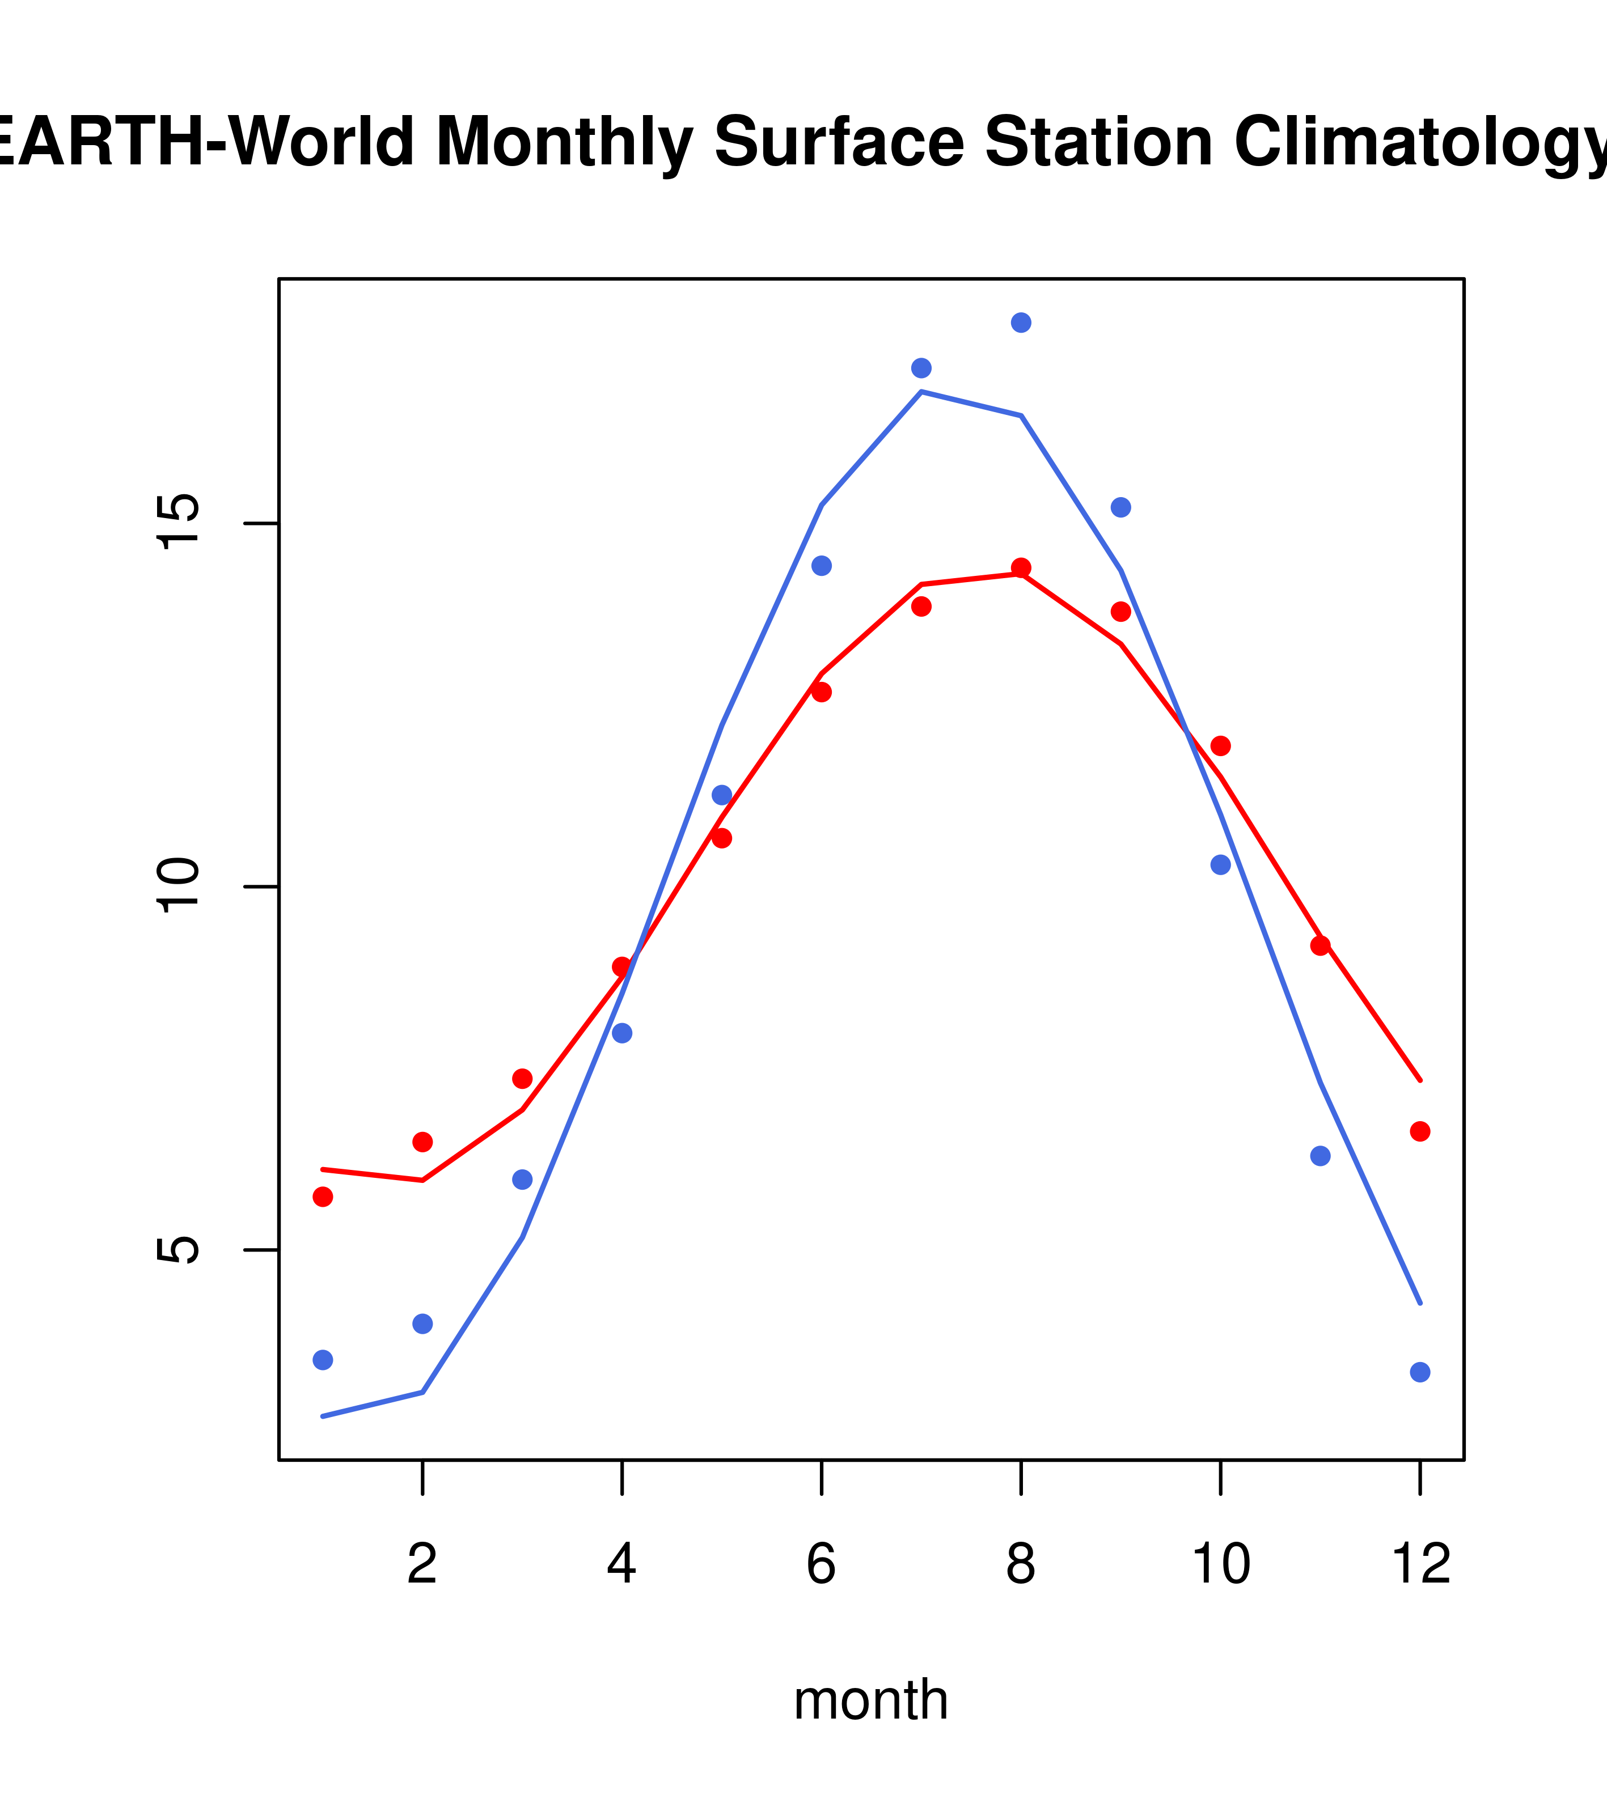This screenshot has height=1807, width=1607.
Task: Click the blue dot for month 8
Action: (1021, 323)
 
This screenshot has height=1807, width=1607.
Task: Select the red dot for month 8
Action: (1021, 567)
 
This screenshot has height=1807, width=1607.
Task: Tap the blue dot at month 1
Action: (323, 1360)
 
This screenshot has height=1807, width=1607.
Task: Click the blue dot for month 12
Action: (1419, 1372)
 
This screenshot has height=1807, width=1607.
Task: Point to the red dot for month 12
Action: (1419, 1131)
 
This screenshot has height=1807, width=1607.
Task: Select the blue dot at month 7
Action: (921, 368)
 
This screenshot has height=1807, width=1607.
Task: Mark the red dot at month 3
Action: (522, 1079)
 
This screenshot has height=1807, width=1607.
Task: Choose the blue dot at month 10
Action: (1220, 864)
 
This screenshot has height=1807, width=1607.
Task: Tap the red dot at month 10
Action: (1220, 746)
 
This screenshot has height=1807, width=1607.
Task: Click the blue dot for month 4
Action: (621, 1033)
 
